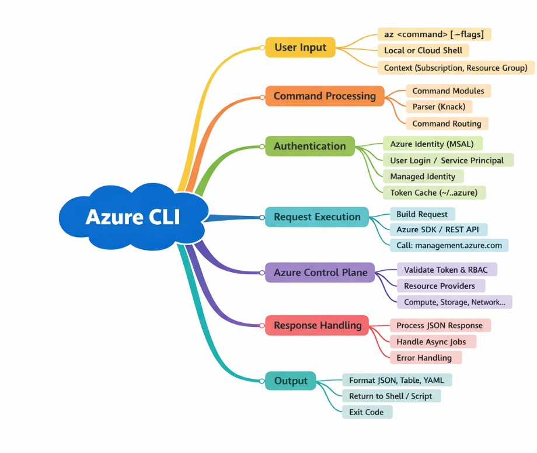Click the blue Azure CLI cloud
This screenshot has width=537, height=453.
pyautogui.click(x=134, y=217)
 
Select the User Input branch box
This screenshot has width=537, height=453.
pyautogui.click(x=301, y=47)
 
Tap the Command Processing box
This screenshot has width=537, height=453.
pyautogui.click(x=325, y=96)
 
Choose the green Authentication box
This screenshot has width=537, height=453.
pyautogui.click(x=310, y=146)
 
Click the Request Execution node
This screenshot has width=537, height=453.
pyautogui.click(x=317, y=217)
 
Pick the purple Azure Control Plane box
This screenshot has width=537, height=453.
pyautogui.click(x=320, y=273)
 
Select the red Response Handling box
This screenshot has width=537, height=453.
pyautogui.click(x=317, y=325)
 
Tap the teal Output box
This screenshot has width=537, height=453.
pyautogui.click(x=291, y=381)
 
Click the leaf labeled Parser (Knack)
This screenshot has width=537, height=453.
pyautogui.click(x=439, y=107)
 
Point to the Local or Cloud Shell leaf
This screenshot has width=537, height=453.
pyautogui.click(x=423, y=51)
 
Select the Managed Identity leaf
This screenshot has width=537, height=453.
pyautogui.click(x=423, y=176)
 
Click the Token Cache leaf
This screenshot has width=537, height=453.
pyautogui.click(x=434, y=193)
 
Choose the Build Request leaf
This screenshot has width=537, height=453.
pyautogui.click(x=422, y=214)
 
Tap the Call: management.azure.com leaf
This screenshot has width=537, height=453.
pyautogui.click(x=449, y=246)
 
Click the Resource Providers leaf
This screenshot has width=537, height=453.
pyautogui.click(x=441, y=286)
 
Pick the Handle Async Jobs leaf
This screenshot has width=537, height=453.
pyautogui.click(x=433, y=342)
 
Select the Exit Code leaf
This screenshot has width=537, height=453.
pyautogui.click(x=367, y=412)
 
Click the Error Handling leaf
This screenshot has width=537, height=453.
pyautogui.click(x=426, y=358)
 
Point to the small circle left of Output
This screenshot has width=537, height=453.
pyautogui.click(x=262, y=381)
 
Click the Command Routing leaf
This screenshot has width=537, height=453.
pyautogui.click(x=447, y=124)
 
